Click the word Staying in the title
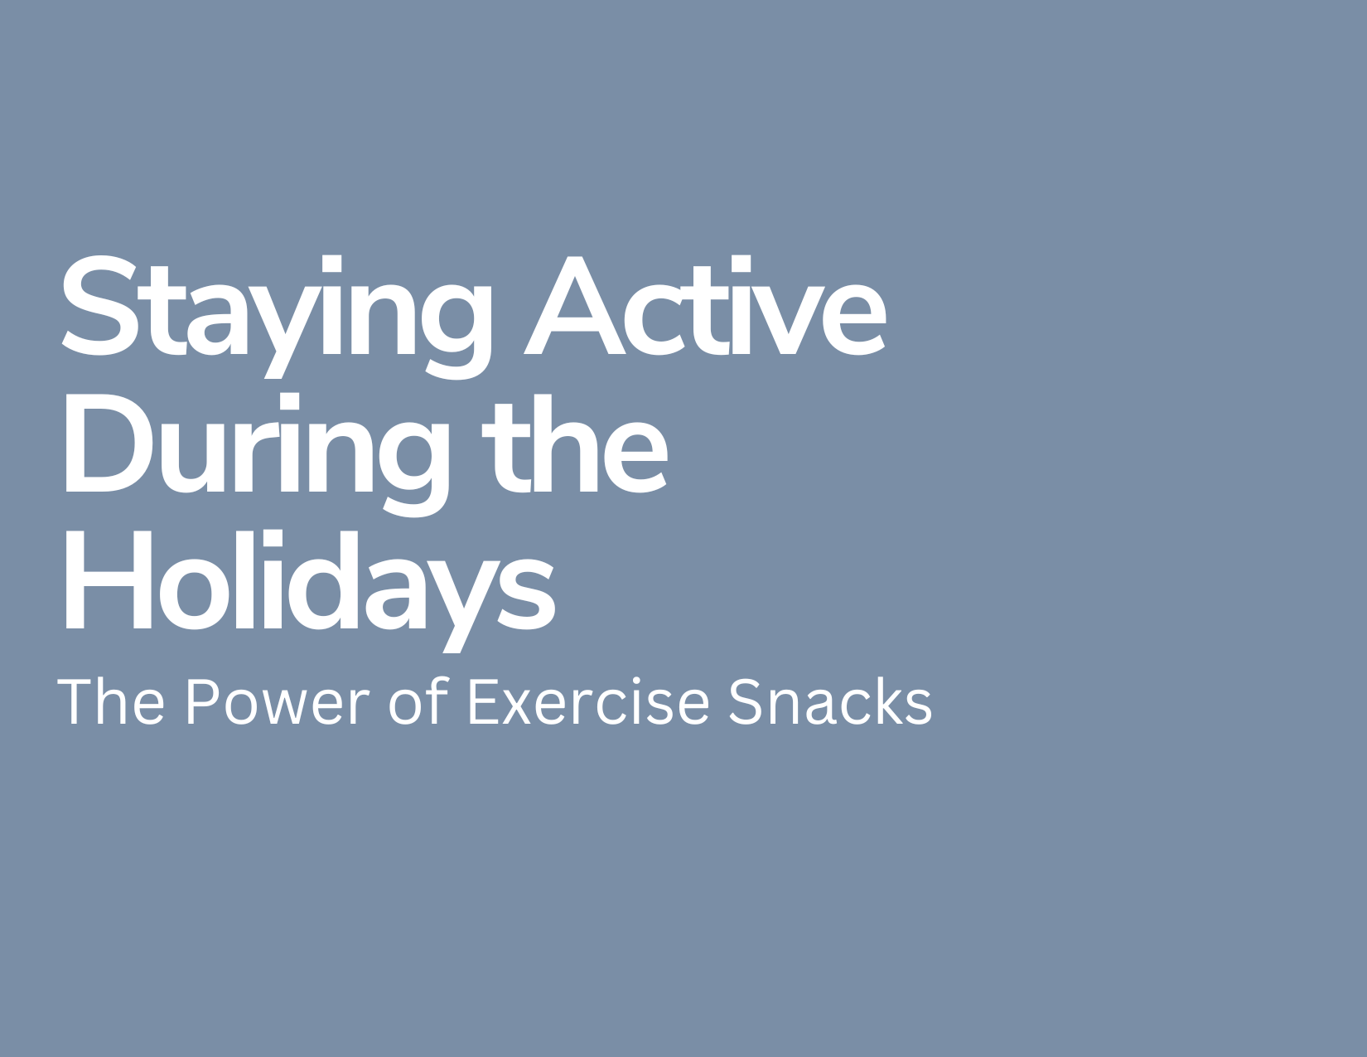pos(277,317)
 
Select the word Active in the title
pos(705,305)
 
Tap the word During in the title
pos(258,454)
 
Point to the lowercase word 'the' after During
pos(574,444)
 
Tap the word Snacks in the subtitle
pos(830,701)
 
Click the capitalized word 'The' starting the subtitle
pos(111,701)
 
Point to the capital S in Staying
pos(99,305)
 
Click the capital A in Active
pos(574,305)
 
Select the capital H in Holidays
pos(109,579)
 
